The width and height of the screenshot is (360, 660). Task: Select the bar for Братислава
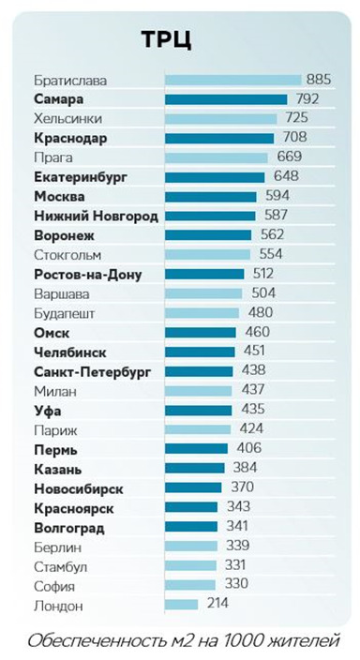(x=232, y=80)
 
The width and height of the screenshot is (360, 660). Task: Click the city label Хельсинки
(x=67, y=119)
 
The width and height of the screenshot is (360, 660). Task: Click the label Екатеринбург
(x=80, y=177)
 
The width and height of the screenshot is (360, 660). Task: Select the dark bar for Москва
(x=210, y=197)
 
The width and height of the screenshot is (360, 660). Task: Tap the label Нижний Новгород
(x=96, y=217)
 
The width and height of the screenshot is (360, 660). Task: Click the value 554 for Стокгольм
(x=270, y=255)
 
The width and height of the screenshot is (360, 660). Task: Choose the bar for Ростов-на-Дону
(x=204, y=275)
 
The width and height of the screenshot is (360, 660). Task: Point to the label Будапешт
(x=64, y=313)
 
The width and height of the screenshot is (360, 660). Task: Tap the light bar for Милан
(x=198, y=391)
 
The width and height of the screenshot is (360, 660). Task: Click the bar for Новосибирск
(x=193, y=488)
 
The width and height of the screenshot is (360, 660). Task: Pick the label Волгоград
(x=69, y=528)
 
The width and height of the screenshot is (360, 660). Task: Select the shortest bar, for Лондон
(x=181, y=606)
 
